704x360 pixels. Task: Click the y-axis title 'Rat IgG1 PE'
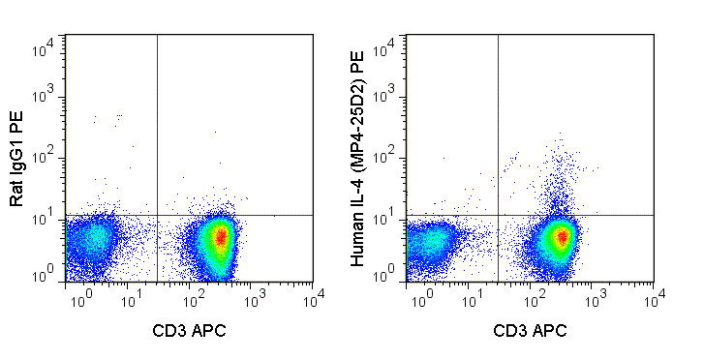(x=16, y=160)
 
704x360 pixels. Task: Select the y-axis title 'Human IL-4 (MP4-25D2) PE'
(x=358, y=160)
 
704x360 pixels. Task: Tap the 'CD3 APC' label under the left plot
(x=190, y=330)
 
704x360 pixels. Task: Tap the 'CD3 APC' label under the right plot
(x=531, y=330)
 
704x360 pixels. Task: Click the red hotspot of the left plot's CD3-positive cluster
(x=221, y=237)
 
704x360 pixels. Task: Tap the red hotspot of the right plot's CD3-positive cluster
(x=561, y=237)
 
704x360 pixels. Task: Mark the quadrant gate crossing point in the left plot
(x=157, y=215)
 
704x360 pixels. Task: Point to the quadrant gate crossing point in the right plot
(x=498, y=215)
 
